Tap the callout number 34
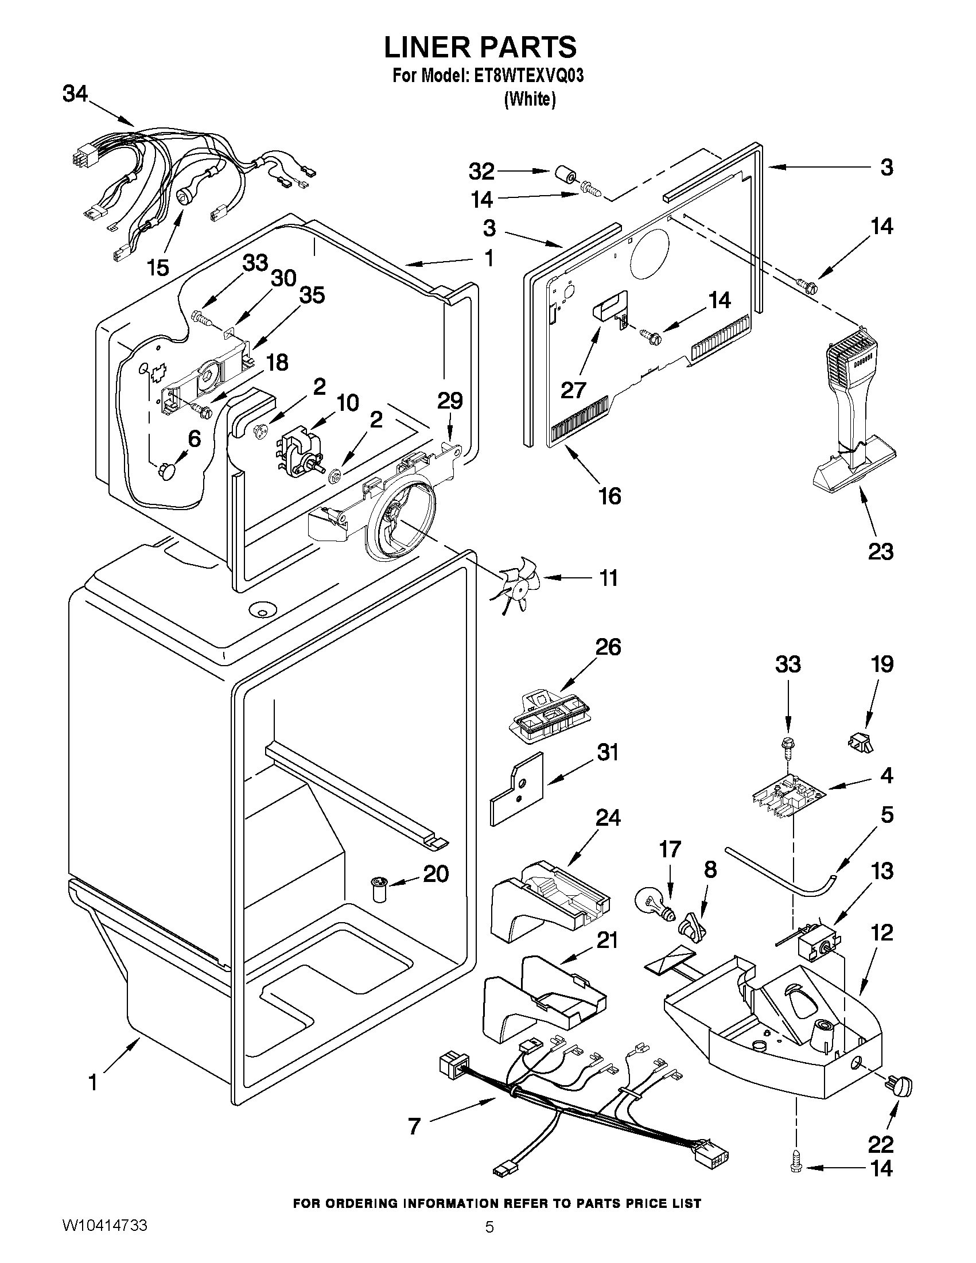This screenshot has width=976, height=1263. [75, 94]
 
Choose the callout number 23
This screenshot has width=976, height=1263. [881, 551]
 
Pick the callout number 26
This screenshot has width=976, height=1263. [607, 647]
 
